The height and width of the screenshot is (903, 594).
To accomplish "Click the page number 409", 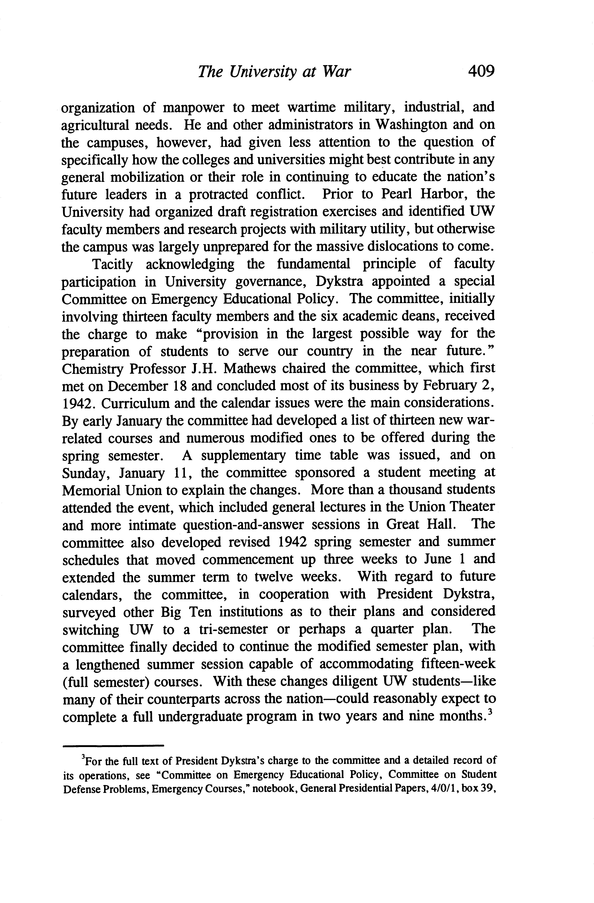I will (481, 71).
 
